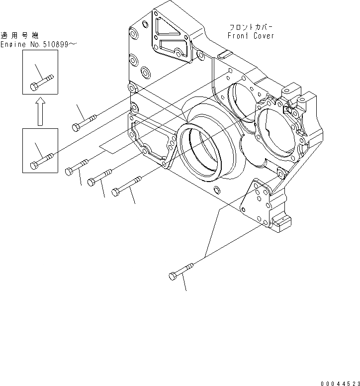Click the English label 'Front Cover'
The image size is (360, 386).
(x=251, y=36)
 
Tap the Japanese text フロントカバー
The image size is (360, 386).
(x=251, y=27)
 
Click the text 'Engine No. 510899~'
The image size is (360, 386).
(x=39, y=44)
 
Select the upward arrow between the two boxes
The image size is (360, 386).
(x=40, y=111)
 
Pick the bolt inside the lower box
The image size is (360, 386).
(x=41, y=162)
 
